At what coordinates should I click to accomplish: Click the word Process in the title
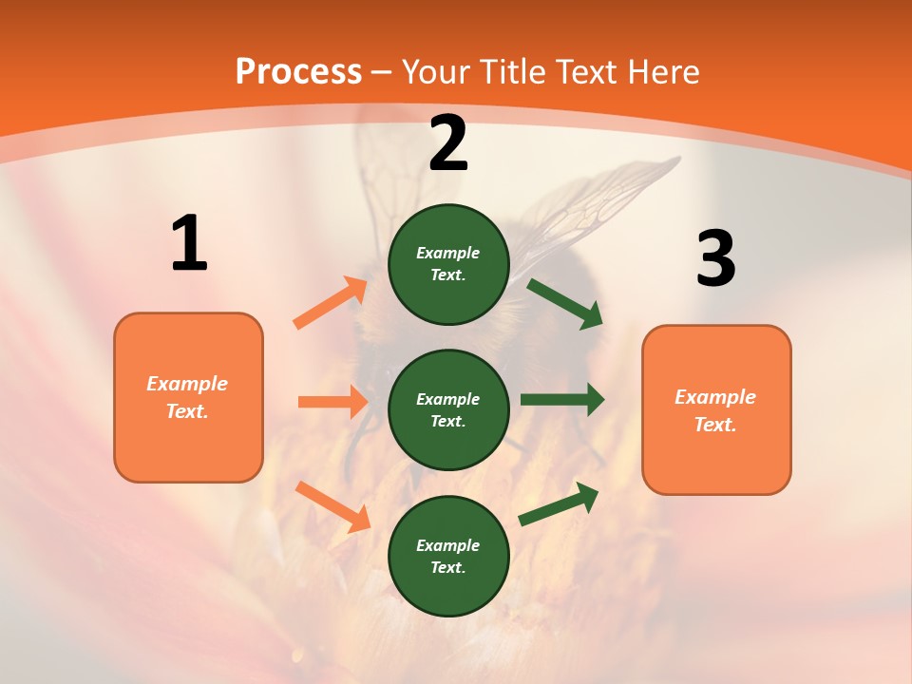click(x=298, y=71)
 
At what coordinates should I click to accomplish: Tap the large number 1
click(x=189, y=243)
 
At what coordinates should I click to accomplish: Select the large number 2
click(x=448, y=143)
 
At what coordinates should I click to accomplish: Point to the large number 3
click(x=716, y=258)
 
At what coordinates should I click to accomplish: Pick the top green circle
click(x=448, y=264)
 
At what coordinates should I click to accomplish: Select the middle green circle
click(x=448, y=409)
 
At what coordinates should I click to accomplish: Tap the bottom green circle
click(x=448, y=556)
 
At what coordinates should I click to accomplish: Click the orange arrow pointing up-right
click(x=330, y=303)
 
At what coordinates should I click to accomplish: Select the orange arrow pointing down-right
click(x=332, y=506)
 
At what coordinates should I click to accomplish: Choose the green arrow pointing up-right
click(x=559, y=504)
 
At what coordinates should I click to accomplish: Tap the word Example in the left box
click(x=187, y=384)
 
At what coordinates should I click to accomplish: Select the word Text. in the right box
click(x=715, y=425)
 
